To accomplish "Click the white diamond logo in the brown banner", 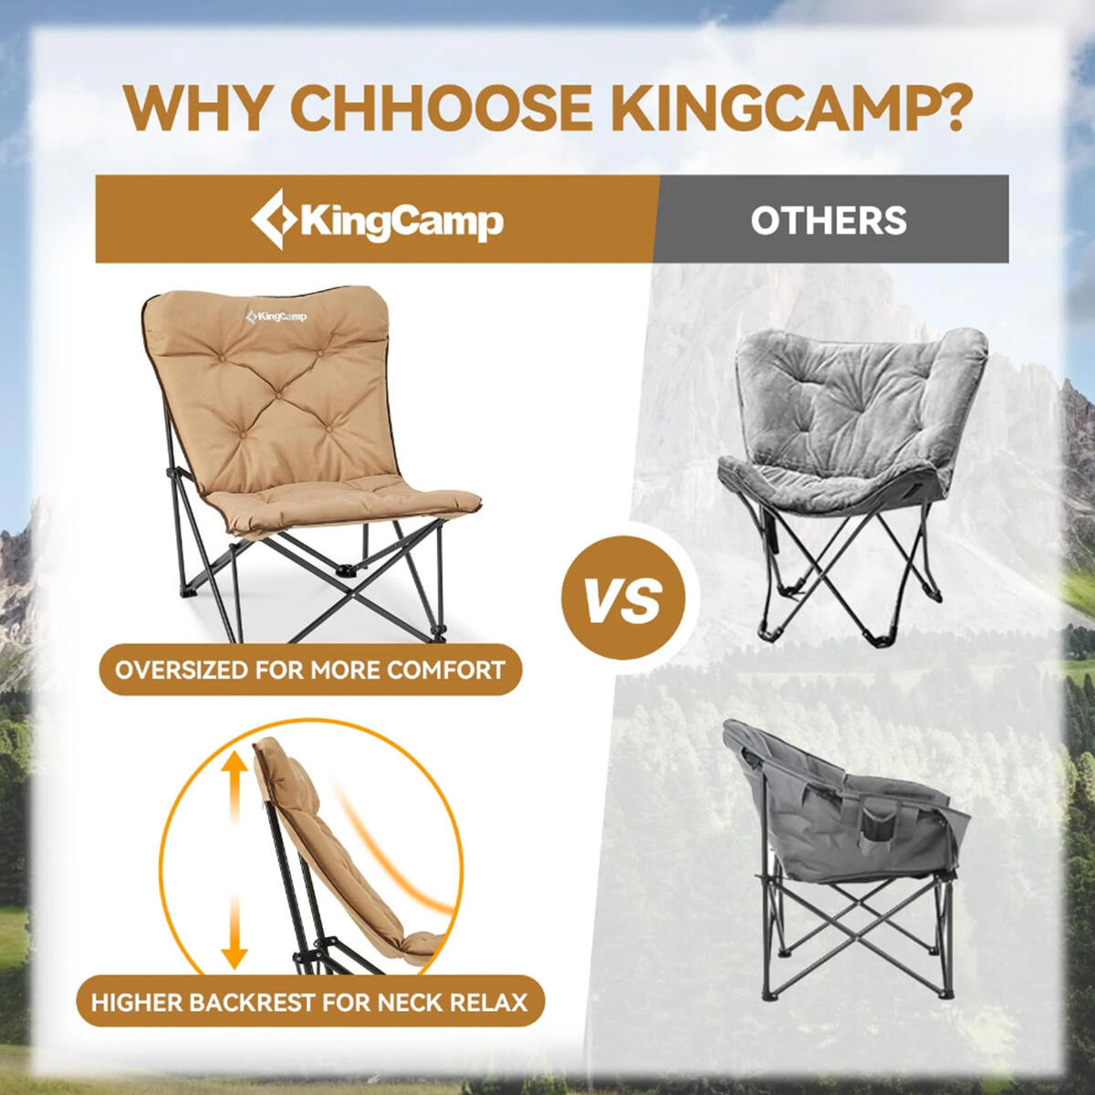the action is (274, 219).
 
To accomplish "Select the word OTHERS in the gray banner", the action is (829, 221).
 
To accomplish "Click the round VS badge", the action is (624, 600).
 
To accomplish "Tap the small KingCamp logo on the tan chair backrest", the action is (276, 317).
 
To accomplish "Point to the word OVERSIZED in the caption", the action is (180, 670).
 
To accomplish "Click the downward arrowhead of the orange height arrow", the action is (235, 955).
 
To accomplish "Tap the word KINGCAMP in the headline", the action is (766, 109).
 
